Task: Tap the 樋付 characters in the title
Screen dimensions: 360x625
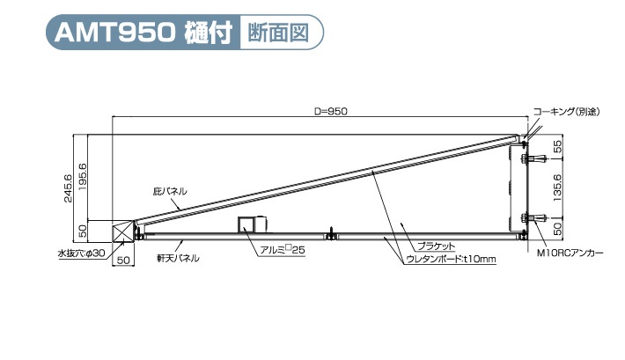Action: (x=208, y=34)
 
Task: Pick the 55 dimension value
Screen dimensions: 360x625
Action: (x=557, y=146)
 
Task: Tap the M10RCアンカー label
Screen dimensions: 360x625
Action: (x=570, y=253)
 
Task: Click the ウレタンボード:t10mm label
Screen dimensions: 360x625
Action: (x=450, y=259)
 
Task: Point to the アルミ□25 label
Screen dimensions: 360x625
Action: (x=281, y=250)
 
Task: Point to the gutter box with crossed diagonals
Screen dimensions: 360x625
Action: (x=121, y=231)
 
